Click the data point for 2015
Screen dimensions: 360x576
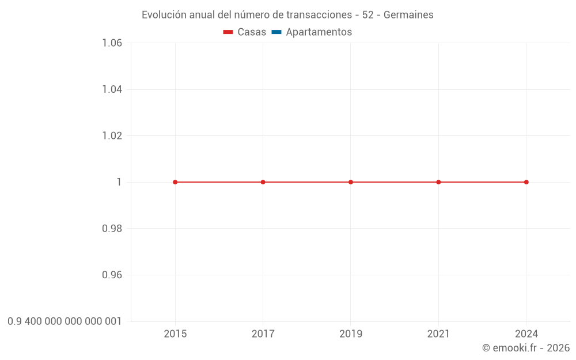pos(175,182)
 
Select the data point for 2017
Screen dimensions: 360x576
pos(263,182)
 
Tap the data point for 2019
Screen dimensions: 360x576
pos(351,182)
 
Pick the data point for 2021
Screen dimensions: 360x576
pos(438,182)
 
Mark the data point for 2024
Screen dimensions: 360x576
pos(526,182)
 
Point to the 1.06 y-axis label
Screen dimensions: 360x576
pos(112,43)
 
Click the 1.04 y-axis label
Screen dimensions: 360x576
pos(112,89)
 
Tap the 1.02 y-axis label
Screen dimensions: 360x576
pos(112,136)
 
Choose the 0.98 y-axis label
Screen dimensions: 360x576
pos(112,229)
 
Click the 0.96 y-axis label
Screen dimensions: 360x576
pos(112,275)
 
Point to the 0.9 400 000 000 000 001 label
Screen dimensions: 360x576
pos(65,321)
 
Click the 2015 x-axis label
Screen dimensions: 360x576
pos(175,334)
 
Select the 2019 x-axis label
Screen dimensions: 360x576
pos(351,334)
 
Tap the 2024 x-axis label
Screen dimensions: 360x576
pos(526,334)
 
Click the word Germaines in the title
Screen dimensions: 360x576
pos(408,15)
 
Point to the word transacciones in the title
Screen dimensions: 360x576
pos(321,15)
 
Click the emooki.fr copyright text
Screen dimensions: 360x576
pos(526,348)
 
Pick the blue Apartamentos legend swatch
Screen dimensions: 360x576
pos(276,32)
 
